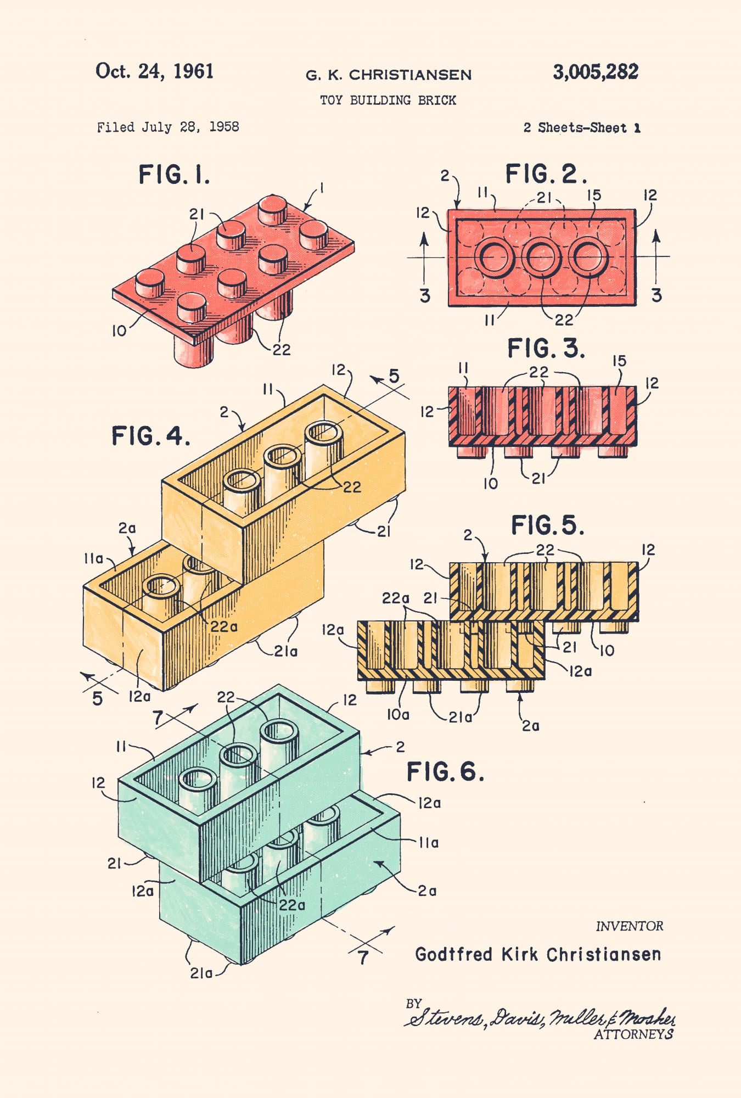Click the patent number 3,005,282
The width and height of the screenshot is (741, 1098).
(596, 72)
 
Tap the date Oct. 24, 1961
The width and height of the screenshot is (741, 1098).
(154, 71)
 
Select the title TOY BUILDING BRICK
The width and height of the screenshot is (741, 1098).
(388, 100)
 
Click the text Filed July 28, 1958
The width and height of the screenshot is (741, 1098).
(168, 127)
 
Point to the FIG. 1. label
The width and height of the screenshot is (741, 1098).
(174, 175)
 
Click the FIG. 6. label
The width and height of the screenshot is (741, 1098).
(445, 771)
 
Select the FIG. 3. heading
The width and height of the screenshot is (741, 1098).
(546, 348)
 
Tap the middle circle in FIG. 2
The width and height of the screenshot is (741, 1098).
(541, 256)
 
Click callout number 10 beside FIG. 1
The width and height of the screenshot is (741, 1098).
(119, 331)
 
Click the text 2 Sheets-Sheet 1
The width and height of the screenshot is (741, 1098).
(582, 128)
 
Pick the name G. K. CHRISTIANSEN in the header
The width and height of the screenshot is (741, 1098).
(389, 75)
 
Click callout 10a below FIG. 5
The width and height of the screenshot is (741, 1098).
(398, 715)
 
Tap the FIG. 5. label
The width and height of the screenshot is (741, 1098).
(547, 525)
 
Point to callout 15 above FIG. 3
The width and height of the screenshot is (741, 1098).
(619, 361)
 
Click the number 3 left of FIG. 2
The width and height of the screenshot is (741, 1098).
(425, 296)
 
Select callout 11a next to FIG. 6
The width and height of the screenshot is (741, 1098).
(429, 843)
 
